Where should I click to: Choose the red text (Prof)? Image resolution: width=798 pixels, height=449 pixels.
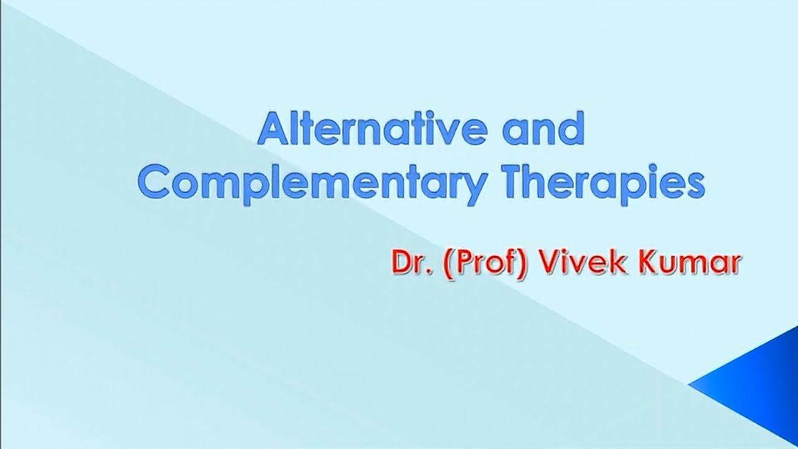[x=478, y=264]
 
